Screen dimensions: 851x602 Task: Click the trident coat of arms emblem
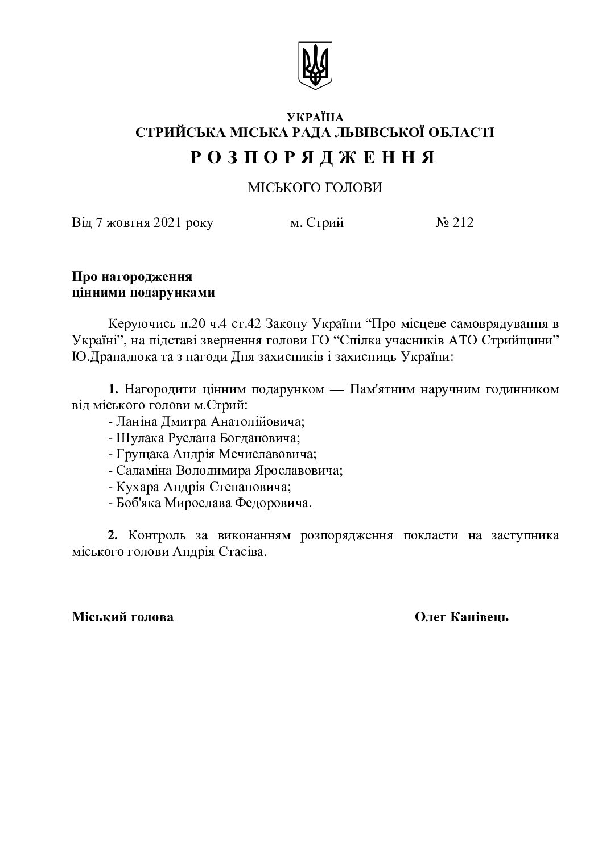(315, 65)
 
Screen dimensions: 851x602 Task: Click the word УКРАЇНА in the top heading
(315, 118)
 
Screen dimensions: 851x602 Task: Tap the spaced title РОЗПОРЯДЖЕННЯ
(314, 157)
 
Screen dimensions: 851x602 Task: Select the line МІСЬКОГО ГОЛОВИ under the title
(315, 188)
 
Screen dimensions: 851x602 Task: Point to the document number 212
(463, 222)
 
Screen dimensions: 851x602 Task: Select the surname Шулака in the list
(137, 438)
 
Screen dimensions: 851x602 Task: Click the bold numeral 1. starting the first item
(113, 389)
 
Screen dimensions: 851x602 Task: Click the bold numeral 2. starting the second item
(113, 535)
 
